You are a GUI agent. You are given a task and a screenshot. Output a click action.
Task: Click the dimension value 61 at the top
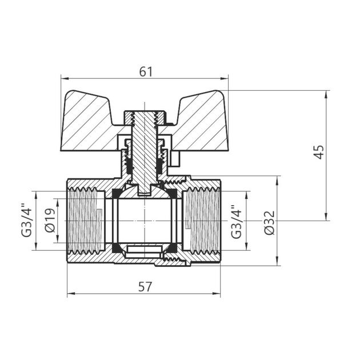pos(146,71)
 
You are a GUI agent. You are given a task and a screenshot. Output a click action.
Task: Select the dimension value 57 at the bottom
pos(145,287)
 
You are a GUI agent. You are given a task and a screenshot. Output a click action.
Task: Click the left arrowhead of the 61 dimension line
pos(63,79)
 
